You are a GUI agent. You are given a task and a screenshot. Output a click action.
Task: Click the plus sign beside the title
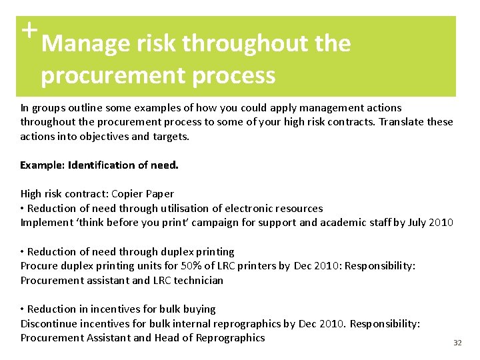tap(27, 30)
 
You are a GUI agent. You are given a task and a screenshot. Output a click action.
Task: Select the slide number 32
tap(457, 343)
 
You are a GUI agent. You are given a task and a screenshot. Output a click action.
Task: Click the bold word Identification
tap(102, 165)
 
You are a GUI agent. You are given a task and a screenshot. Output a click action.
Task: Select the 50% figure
tap(169, 266)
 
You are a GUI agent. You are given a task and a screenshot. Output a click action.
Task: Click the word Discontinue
tap(48, 324)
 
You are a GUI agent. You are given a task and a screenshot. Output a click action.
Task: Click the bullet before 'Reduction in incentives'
tap(23, 309)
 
